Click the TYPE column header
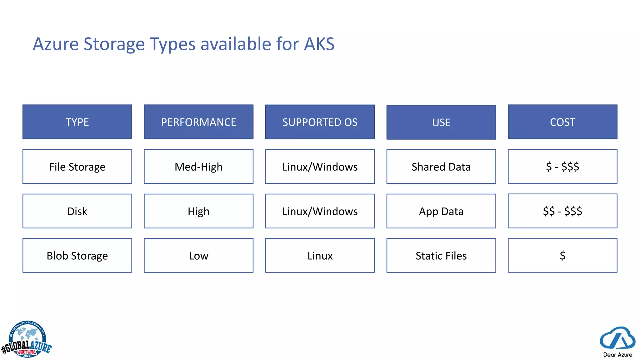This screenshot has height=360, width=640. tap(77, 122)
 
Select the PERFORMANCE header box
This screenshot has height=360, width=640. tap(198, 122)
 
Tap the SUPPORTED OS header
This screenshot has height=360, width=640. tap(320, 122)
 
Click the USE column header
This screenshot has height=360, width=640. tap(441, 122)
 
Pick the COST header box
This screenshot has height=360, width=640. tap(562, 122)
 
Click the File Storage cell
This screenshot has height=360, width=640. tap(77, 167)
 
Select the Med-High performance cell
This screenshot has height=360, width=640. tap(198, 167)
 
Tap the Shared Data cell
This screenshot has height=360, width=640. tap(441, 167)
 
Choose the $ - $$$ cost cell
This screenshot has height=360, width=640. tap(562, 166)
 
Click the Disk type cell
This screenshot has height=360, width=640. tap(77, 211)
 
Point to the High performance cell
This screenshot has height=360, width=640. tap(198, 211)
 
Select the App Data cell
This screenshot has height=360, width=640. tap(441, 211)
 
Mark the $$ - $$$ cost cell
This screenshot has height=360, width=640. tap(562, 211)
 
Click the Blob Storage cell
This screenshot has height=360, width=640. tap(77, 256)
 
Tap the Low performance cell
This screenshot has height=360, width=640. tap(198, 256)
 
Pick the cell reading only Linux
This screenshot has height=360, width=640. tap(320, 256)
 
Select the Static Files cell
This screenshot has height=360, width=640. tap(441, 256)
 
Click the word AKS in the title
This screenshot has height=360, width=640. tap(319, 44)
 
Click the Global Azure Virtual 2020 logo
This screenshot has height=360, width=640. tap(27, 340)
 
